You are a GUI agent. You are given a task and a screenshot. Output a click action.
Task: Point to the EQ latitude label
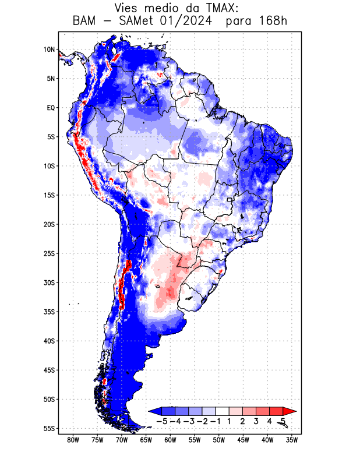(51, 108)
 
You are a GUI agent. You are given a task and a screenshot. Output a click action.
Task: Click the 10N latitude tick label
(49, 50)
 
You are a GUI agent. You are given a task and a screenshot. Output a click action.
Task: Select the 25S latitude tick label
(49, 253)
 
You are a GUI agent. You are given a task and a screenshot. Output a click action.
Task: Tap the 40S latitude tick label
(49, 341)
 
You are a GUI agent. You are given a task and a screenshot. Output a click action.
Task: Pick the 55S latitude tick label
(49, 428)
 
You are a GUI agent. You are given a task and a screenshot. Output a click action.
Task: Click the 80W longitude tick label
(73, 440)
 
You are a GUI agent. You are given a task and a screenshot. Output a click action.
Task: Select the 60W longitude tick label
(170, 440)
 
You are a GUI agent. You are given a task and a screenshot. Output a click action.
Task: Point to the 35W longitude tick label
(292, 440)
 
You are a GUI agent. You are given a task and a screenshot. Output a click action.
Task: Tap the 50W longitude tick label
(219, 440)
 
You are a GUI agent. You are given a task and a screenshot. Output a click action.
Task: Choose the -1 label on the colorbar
(216, 421)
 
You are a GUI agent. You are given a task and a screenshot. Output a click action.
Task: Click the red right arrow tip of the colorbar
(285, 411)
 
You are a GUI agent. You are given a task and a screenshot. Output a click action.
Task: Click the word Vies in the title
(129, 8)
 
